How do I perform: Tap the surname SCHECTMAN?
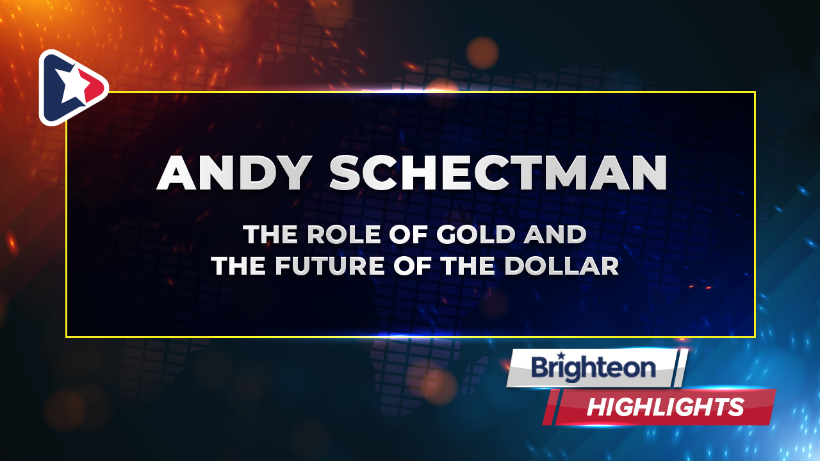498,173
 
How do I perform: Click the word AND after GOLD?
555,234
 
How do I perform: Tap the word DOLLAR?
562,266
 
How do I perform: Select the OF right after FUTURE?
413,266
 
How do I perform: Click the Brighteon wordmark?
593,368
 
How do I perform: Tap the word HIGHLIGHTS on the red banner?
666,407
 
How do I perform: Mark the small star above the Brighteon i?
561,355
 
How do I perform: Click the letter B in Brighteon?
541,368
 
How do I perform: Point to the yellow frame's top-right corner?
755,92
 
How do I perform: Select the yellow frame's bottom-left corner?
66,337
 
